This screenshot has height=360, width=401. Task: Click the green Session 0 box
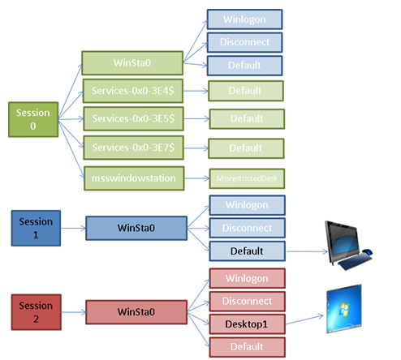pos(31,119)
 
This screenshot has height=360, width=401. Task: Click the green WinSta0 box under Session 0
pos(132,62)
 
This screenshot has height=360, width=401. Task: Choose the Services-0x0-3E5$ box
pos(132,118)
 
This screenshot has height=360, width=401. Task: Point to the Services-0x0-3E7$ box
pos(132,147)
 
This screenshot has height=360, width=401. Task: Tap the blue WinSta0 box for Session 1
pos(136,228)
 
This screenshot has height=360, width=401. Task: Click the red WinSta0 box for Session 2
pos(136,311)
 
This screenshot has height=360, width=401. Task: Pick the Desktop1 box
pos(248,324)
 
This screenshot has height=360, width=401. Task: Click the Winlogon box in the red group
pos(248,279)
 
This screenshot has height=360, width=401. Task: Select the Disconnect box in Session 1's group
pos(248,228)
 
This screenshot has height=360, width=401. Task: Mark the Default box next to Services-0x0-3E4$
pos(245,90)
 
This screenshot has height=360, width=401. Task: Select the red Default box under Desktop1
pos(248,346)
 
